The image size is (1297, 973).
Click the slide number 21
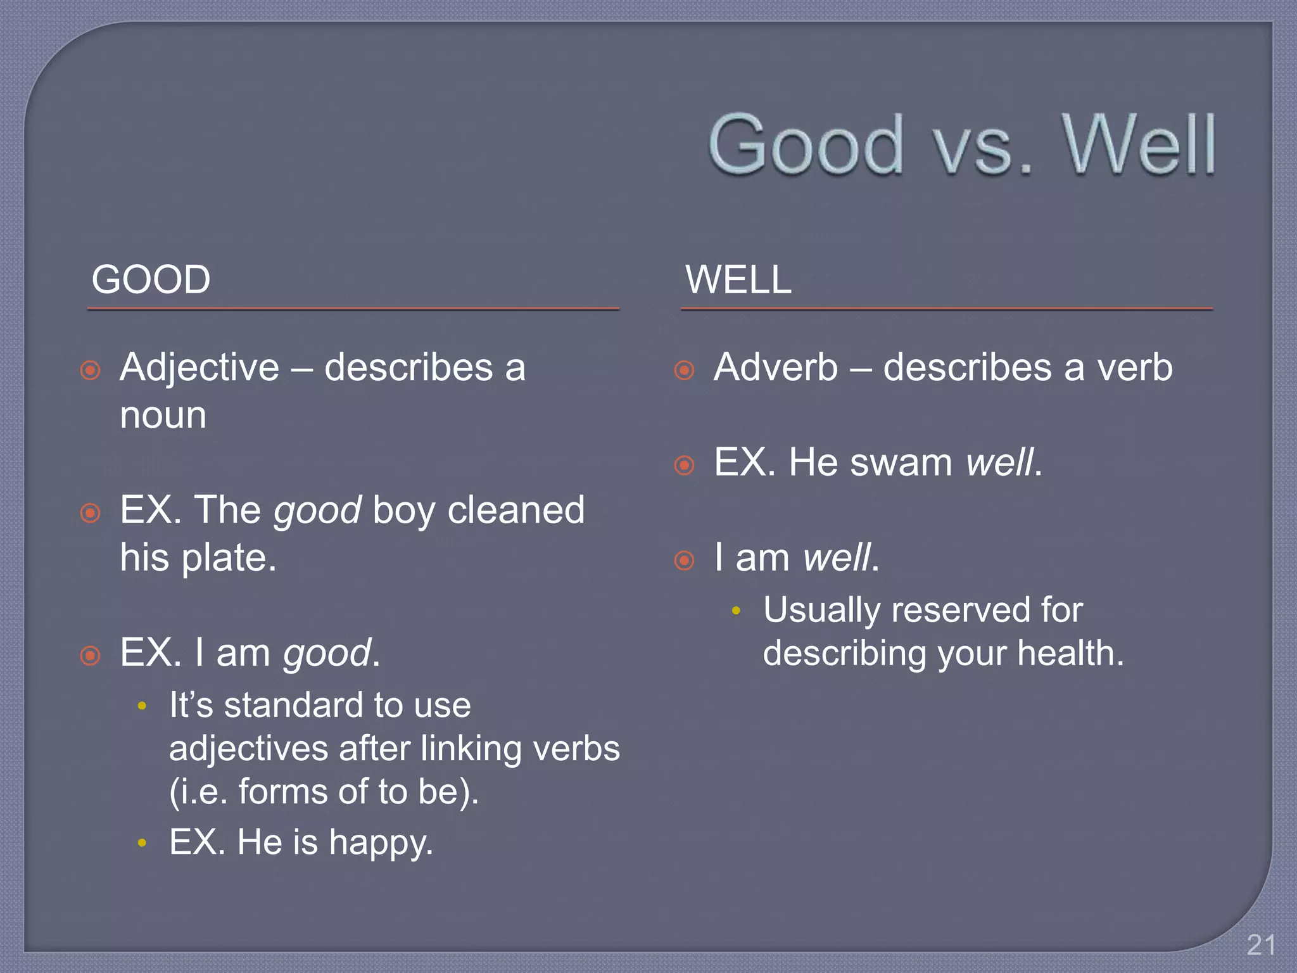1260,945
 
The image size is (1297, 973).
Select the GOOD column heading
151,279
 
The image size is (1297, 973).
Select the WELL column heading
738,279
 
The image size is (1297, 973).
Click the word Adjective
199,367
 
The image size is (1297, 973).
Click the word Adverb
776,367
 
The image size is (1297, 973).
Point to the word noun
163,416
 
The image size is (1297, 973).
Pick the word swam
901,462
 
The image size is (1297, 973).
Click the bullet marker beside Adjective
91,370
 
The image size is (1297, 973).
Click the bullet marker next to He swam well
684,466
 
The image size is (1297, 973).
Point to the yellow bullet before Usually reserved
736,611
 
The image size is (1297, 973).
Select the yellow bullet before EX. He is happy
142,843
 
